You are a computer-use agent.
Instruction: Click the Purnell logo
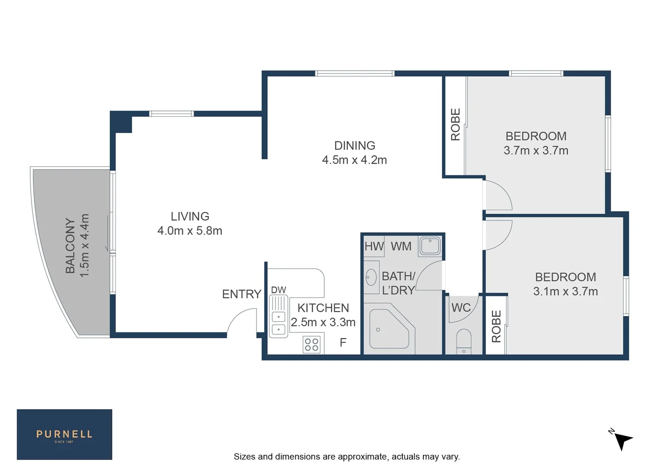64,434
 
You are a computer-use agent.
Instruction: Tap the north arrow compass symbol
622,440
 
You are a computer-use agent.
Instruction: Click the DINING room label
355,146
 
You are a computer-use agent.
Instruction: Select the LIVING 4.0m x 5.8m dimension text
190,231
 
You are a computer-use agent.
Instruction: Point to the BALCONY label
70,246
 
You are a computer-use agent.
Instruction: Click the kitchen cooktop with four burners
312,345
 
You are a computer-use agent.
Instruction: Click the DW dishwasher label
279,290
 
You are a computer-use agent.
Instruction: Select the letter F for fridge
343,342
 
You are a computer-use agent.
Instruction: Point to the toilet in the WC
464,341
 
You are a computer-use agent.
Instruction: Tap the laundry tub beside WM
430,246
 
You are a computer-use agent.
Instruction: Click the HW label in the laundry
374,247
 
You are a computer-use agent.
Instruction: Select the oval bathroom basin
371,277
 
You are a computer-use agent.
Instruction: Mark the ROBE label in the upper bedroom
455,125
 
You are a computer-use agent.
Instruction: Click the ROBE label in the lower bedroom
496,326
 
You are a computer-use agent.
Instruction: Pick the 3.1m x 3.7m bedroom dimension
565,291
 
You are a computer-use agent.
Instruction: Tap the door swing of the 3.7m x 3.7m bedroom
498,195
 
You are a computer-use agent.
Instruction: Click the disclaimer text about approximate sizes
347,457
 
